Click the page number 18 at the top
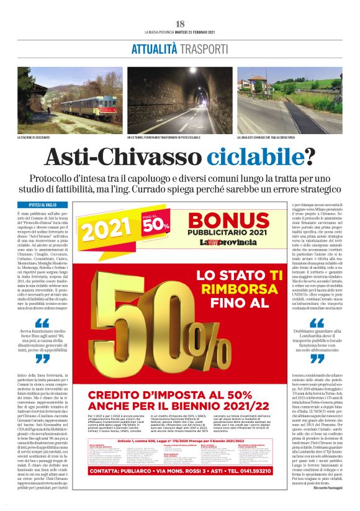pyautogui.click(x=180, y=23)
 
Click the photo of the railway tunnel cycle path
pyautogui.click(x=180, y=100)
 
